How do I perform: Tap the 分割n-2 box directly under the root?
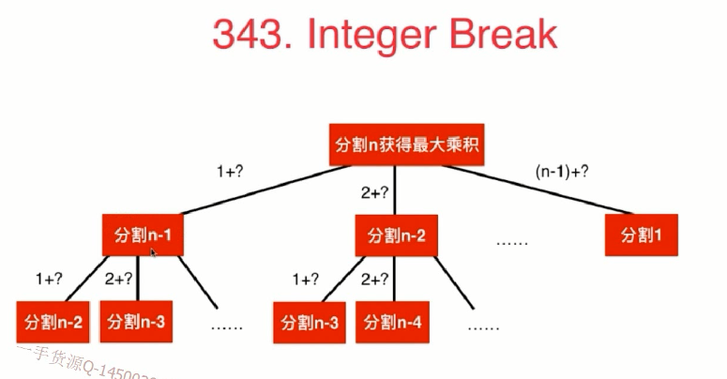[x=396, y=235]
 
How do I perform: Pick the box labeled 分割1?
[x=641, y=235]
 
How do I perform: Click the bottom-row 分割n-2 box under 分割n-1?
[x=51, y=323]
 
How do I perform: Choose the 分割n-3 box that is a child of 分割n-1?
[x=136, y=323]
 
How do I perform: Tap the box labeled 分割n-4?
[x=391, y=323]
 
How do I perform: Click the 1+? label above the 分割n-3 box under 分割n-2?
[x=306, y=279]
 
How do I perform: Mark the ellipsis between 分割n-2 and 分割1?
[x=512, y=241]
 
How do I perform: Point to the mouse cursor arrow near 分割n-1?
[x=153, y=252]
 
